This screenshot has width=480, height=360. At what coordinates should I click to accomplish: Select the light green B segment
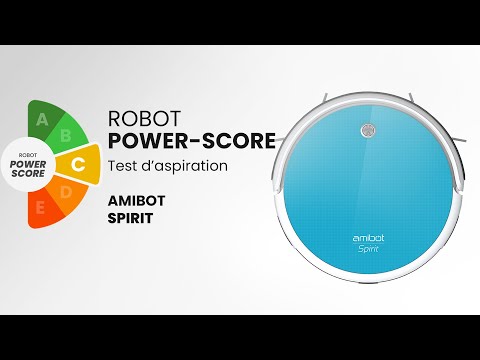(x=68, y=134)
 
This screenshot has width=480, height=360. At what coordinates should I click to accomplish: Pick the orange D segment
(x=68, y=192)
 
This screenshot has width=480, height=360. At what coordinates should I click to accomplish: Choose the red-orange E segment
(x=41, y=209)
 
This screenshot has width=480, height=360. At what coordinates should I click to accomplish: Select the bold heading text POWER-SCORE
(x=190, y=142)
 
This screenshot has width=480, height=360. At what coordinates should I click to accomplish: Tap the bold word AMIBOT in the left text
(x=135, y=198)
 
